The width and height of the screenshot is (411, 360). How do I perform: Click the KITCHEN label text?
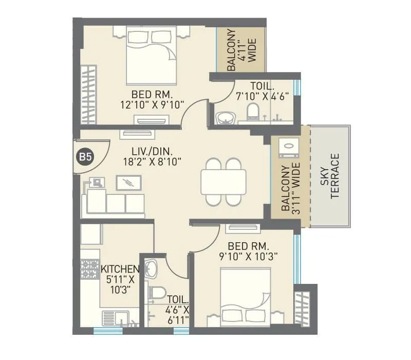(x=120, y=269)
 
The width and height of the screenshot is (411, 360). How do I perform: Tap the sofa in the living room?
(x=114, y=204)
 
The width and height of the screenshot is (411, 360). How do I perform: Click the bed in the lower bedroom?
(x=245, y=297)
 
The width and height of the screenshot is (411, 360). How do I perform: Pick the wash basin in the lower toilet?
(x=151, y=268)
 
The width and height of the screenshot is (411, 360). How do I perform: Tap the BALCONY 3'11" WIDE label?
(x=290, y=187)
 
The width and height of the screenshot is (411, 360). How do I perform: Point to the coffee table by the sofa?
(x=127, y=182)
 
